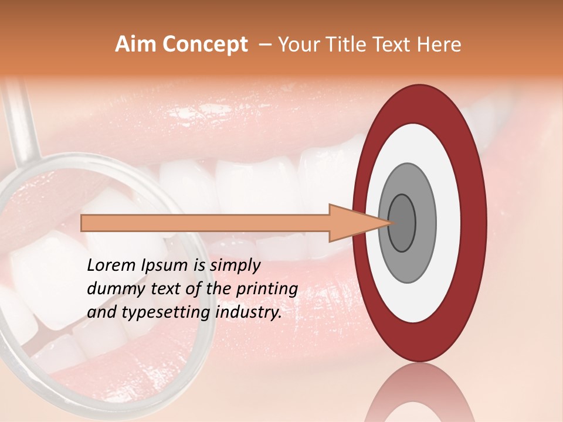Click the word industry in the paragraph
(x=248, y=312)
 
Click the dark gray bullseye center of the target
(x=402, y=223)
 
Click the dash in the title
(x=264, y=45)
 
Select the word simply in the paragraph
(x=235, y=266)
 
